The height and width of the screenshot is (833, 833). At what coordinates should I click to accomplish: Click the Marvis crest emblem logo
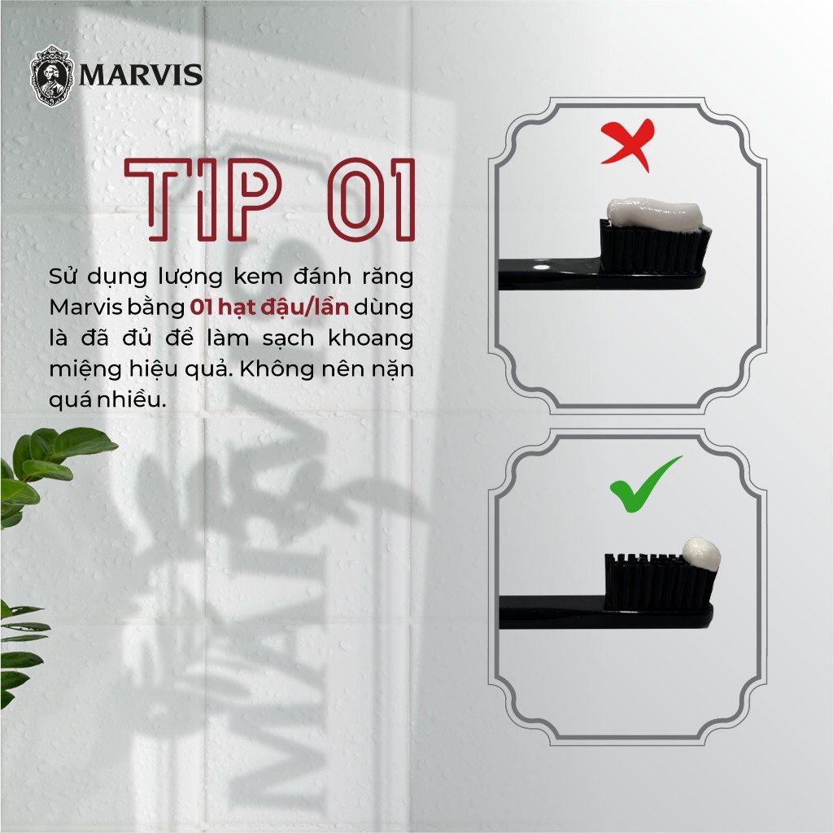pyautogui.click(x=51, y=76)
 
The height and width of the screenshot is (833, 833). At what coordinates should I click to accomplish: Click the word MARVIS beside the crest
pyautogui.click(x=141, y=75)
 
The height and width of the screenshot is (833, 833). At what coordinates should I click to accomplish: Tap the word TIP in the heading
pyautogui.click(x=203, y=200)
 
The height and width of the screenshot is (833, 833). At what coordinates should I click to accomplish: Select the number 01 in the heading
pyautogui.click(x=371, y=200)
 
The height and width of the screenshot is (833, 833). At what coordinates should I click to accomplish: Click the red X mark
pyautogui.click(x=628, y=144)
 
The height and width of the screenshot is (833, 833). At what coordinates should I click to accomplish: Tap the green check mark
pyautogui.click(x=644, y=484)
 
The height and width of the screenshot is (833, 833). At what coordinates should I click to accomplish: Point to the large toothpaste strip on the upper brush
pyautogui.click(x=655, y=214)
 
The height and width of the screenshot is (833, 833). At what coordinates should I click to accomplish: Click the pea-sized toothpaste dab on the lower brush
pyautogui.click(x=701, y=554)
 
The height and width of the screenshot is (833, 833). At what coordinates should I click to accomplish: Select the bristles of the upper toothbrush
pyautogui.click(x=655, y=247)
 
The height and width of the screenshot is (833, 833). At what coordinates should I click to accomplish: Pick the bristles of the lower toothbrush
pyautogui.click(x=661, y=582)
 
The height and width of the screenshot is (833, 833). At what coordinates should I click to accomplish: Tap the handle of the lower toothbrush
pyautogui.click(x=552, y=612)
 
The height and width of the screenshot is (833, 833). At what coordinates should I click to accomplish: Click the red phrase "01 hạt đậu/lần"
pyautogui.click(x=268, y=307)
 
